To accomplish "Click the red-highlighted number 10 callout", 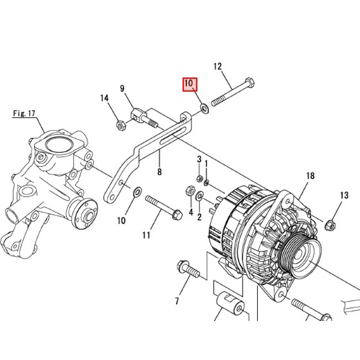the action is pyautogui.click(x=190, y=84).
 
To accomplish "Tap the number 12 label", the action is pyautogui.click(x=218, y=66).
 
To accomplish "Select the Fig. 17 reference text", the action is pyautogui.click(x=24, y=113).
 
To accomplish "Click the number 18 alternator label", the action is pyautogui.click(x=310, y=176).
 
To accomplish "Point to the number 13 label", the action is pyautogui.click(x=344, y=195).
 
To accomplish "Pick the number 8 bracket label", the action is pyautogui.click(x=159, y=172).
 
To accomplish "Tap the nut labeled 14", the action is pyautogui.click(x=121, y=126).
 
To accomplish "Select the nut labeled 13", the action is pyautogui.click(x=330, y=224).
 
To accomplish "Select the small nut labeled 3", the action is pyautogui.click(x=199, y=178).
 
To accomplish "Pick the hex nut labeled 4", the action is pyautogui.click(x=190, y=190).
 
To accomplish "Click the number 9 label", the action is pyautogui.click(x=122, y=88).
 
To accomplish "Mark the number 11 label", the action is pyautogui.click(x=146, y=235).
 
